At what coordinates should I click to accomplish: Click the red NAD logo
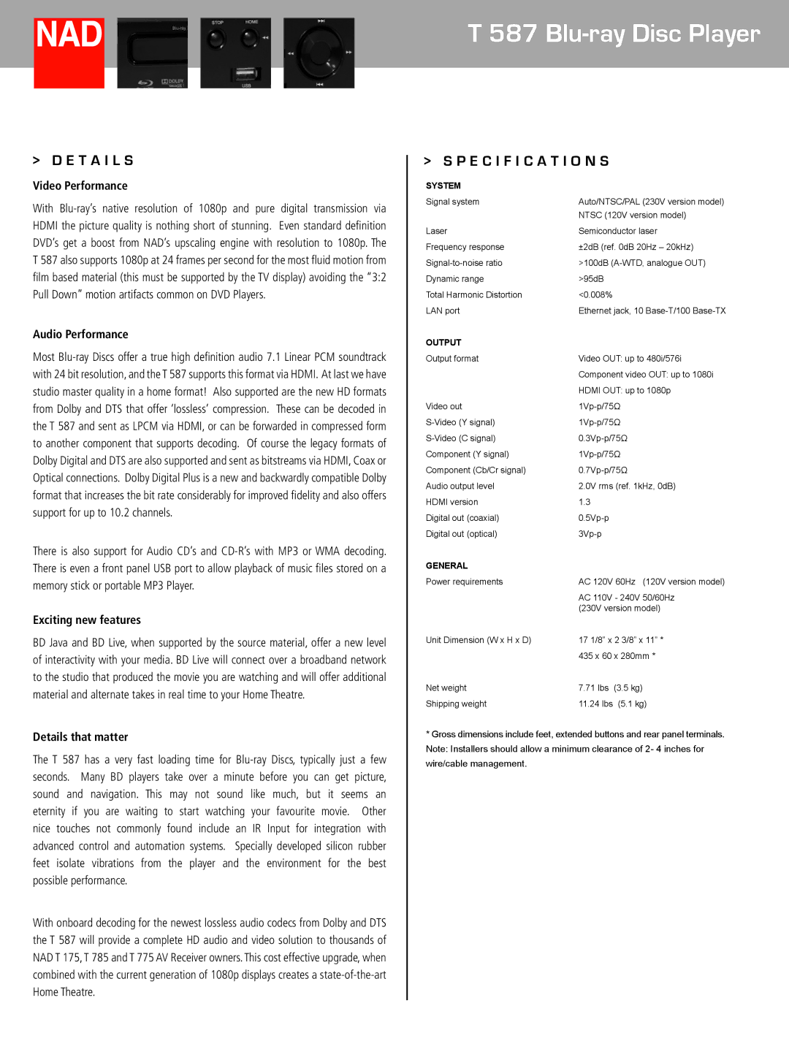(x=69, y=53)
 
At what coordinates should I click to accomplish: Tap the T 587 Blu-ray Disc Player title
(x=614, y=34)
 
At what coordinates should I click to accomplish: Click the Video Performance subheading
(x=80, y=186)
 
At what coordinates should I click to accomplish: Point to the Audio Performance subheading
(x=80, y=335)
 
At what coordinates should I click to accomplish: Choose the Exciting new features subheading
(x=87, y=620)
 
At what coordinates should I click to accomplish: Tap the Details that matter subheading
(x=80, y=737)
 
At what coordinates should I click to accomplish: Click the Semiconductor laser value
(x=617, y=231)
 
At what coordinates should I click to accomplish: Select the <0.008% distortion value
(x=595, y=295)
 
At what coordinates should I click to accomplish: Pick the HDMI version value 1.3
(x=584, y=502)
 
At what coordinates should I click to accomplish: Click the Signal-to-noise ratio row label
(x=464, y=263)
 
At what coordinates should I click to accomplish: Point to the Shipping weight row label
(x=456, y=704)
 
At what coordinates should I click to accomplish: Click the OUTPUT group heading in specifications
(x=443, y=343)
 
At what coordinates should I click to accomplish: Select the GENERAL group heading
(x=446, y=566)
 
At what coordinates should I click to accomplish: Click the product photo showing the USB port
(x=235, y=53)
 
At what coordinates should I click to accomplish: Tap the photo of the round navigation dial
(x=319, y=53)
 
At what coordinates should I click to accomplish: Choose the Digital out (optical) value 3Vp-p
(x=590, y=534)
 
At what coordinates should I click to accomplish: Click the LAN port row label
(x=443, y=311)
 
